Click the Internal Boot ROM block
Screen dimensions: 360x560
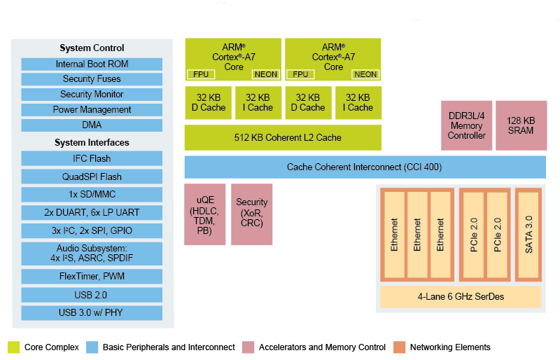pyautogui.click(x=92, y=64)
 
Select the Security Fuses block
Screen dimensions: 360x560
pyautogui.click(x=92, y=79)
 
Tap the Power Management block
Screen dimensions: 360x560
pyautogui.click(x=92, y=110)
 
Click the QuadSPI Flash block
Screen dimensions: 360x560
pyautogui.click(x=92, y=177)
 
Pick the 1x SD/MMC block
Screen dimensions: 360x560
pyautogui.click(x=92, y=195)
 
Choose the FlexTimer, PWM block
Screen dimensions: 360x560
pyautogui.click(x=92, y=277)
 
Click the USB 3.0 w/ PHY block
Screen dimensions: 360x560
pyautogui.click(x=92, y=312)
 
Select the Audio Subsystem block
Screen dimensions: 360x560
pyautogui.click(x=92, y=253)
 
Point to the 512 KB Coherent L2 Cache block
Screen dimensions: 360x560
pyautogui.click(x=283, y=138)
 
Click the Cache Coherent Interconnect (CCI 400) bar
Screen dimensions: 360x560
pyautogui.click(x=364, y=167)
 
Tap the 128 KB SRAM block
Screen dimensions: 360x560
pyautogui.click(x=521, y=125)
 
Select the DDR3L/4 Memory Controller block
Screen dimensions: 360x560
pyautogui.click(x=466, y=125)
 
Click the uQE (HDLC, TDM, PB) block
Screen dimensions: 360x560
pyautogui.click(x=204, y=214)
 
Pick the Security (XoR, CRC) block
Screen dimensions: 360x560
pyautogui.click(x=251, y=214)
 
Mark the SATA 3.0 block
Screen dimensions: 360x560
pyautogui.click(x=529, y=235)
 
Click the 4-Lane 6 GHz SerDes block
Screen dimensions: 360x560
pyautogui.click(x=461, y=297)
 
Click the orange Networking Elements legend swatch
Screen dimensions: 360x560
pyautogui.click(x=399, y=347)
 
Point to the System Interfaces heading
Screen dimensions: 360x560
pyautogui.click(x=92, y=143)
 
